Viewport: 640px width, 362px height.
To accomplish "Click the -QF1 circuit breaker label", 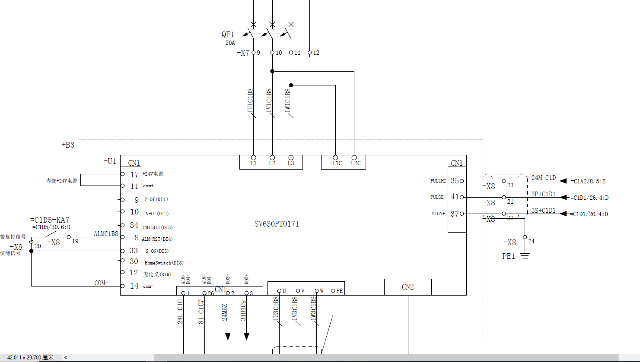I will click(x=226, y=35).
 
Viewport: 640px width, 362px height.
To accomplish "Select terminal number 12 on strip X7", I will click(x=316, y=53).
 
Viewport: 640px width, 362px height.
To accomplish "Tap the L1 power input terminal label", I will click(x=253, y=163).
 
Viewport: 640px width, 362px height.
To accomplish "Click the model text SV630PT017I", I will click(x=277, y=224).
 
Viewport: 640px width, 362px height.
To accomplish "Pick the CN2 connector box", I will click(x=408, y=287).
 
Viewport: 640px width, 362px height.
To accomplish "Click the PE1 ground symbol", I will click(x=525, y=256).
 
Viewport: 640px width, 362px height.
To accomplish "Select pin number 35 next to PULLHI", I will click(x=455, y=181).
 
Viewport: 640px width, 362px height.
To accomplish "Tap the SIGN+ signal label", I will click(x=438, y=214).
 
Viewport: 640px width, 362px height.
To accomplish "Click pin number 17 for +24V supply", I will click(x=134, y=174).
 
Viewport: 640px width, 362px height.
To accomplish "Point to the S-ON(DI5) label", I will click(x=157, y=251).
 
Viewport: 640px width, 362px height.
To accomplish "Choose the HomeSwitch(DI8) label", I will click(x=164, y=263).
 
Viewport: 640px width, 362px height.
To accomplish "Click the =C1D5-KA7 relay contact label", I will click(x=49, y=220).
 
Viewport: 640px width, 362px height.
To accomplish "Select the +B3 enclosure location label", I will click(x=68, y=145).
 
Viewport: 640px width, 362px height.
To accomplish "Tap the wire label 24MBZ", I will click(x=225, y=312).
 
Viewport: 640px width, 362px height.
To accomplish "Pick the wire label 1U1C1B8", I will click(x=250, y=101).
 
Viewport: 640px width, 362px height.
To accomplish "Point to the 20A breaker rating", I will click(x=230, y=43).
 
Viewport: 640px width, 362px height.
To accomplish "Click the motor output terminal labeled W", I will click(x=322, y=291).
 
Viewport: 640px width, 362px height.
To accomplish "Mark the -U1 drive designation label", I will click(x=110, y=161).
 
